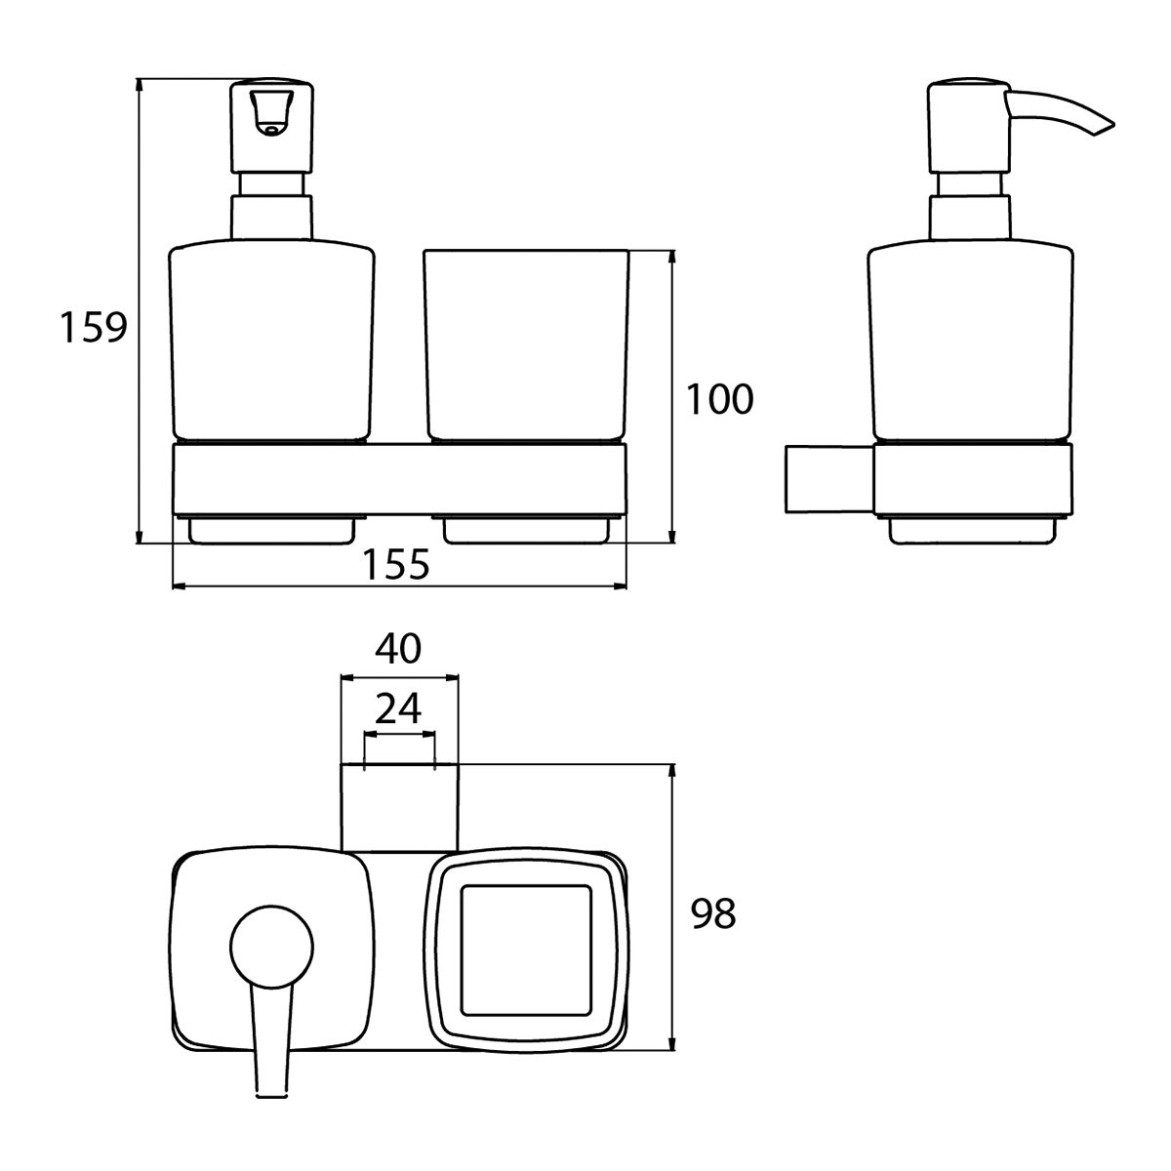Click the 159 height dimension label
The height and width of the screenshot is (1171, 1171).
(94, 327)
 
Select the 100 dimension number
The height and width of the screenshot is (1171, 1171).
(719, 399)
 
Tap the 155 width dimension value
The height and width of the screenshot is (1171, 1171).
(396, 564)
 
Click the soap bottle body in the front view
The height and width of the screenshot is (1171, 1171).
(271, 341)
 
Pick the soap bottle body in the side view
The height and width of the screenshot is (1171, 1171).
(970, 341)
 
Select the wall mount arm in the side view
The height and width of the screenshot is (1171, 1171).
(829, 479)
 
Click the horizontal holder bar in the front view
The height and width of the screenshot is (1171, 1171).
(399, 479)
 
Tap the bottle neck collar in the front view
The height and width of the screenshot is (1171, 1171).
(271, 217)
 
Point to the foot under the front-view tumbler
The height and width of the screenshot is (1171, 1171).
(526, 530)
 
